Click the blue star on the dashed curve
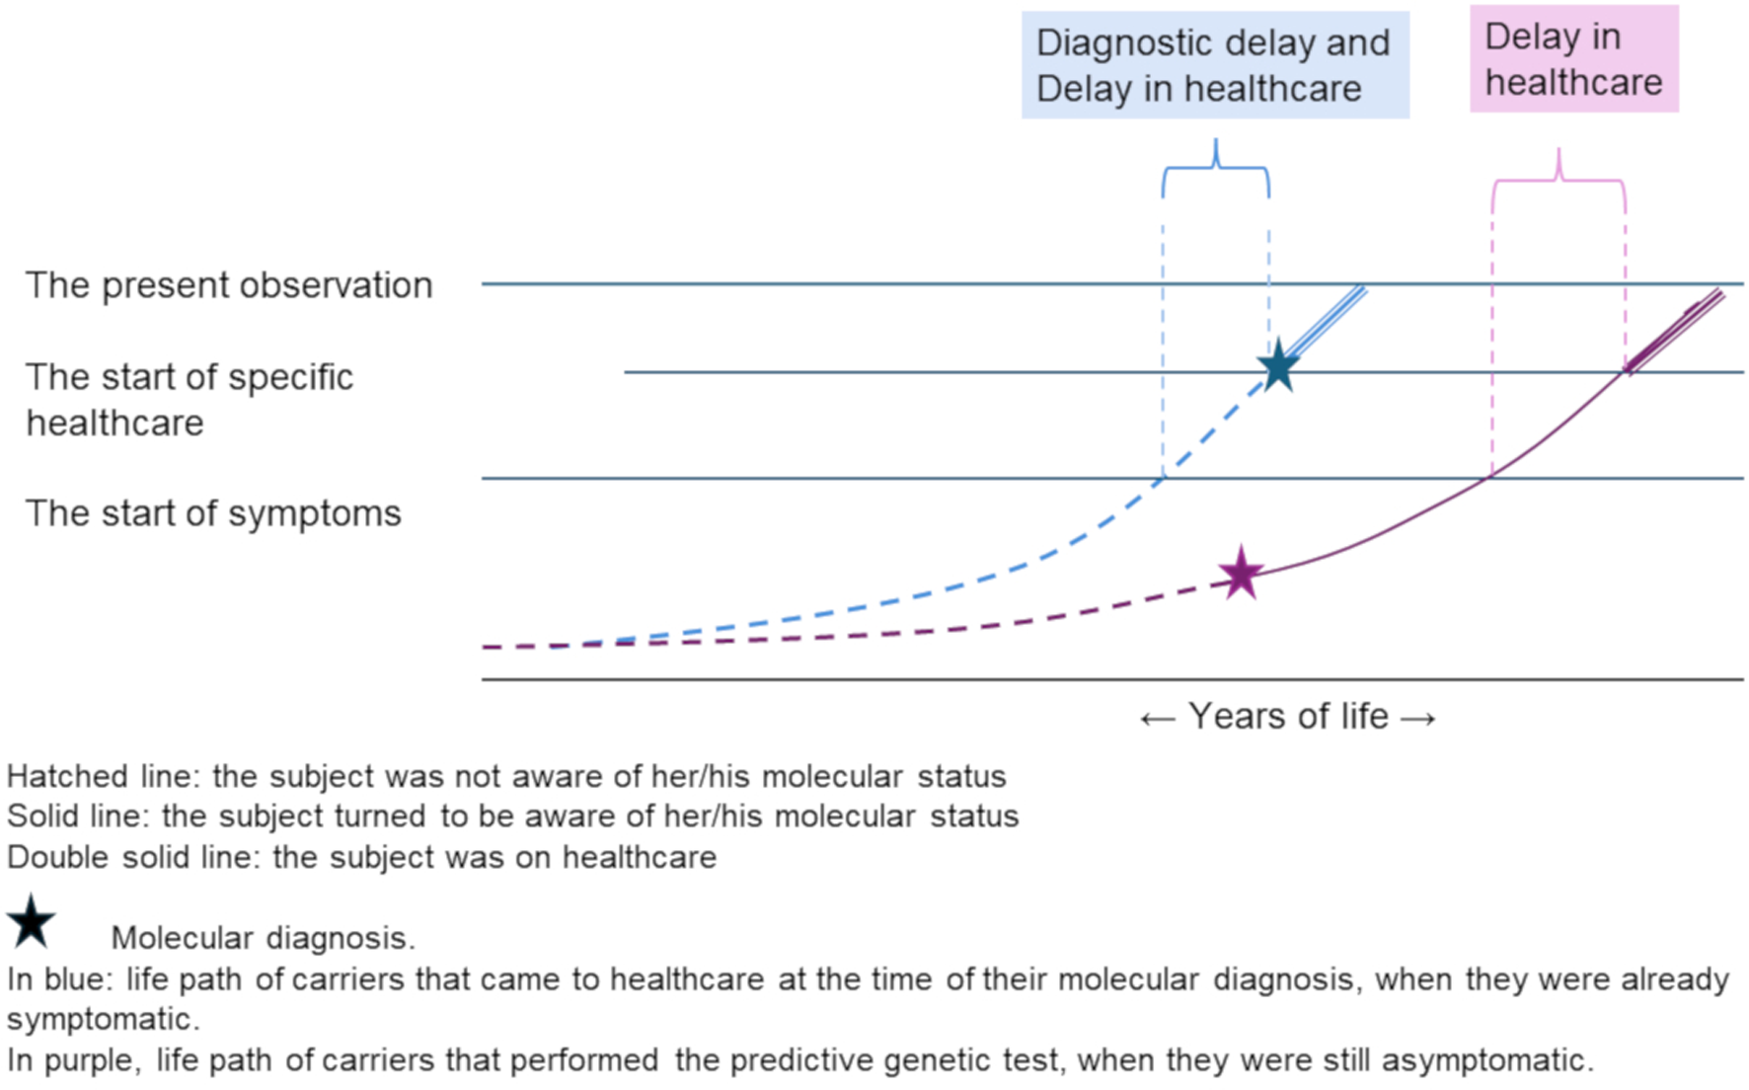click(x=1278, y=366)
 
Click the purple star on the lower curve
click(x=1241, y=573)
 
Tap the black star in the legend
click(x=31, y=921)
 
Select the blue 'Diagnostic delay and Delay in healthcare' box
click(x=1215, y=65)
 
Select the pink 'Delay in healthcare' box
click(x=1573, y=59)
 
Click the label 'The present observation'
click(x=229, y=284)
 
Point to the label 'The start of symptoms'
click(x=213, y=513)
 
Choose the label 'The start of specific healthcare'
click(x=189, y=399)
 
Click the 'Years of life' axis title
click(x=1288, y=716)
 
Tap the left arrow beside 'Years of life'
click(x=1157, y=719)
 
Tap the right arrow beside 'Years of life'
click(x=1418, y=719)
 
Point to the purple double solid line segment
click(x=1676, y=331)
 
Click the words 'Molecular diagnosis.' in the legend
click(x=263, y=937)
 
